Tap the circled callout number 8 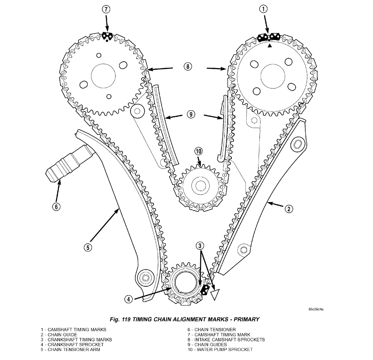[188, 66]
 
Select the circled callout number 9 [191, 114]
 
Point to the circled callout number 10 [199, 151]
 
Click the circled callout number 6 [56, 207]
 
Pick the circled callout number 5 [88, 248]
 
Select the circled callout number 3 [200, 246]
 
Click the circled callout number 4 [128, 299]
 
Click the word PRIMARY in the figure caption [242, 319]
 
